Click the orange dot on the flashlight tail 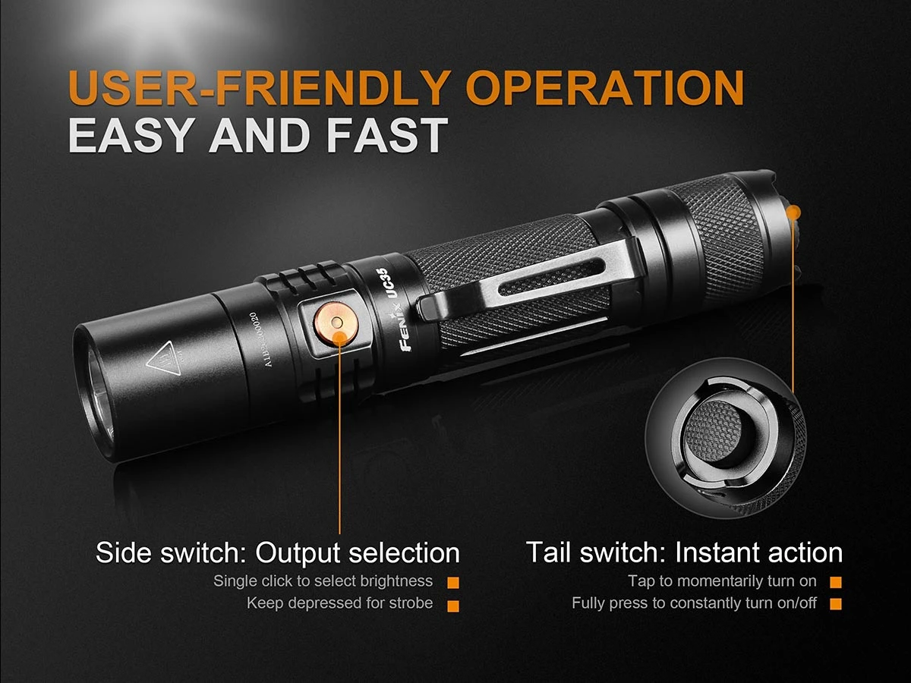click(794, 212)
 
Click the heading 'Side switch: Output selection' click(278, 552)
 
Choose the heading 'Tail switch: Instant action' click(684, 552)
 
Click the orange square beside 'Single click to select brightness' click(453, 583)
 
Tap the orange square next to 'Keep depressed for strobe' click(453, 605)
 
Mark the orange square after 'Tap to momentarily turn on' click(836, 583)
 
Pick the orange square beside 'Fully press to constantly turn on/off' click(836, 605)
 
